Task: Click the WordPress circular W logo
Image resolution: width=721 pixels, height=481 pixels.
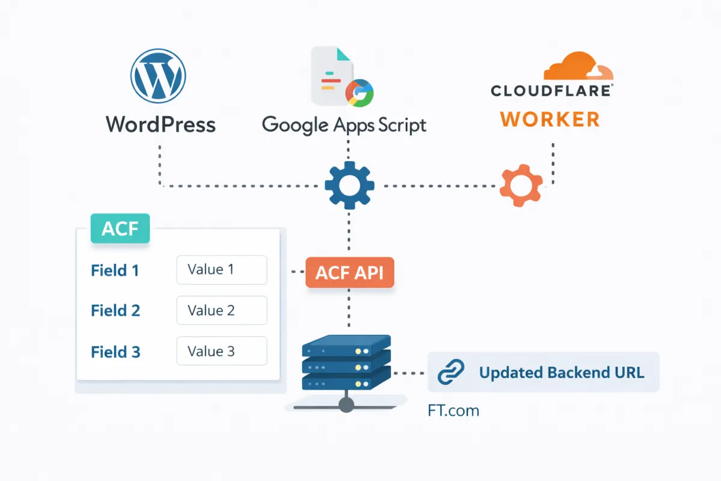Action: pyautogui.click(x=158, y=76)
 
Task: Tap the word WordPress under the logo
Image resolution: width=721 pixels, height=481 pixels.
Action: pyautogui.click(x=160, y=124)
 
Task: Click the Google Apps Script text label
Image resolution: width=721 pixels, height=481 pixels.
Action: pyautogui.click(x=344, y=124)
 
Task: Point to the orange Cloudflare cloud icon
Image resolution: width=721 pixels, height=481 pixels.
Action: pyautogui.click(x=578, y=66)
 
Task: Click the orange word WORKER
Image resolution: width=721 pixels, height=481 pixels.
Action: pyautogui.click(x=550, y=118)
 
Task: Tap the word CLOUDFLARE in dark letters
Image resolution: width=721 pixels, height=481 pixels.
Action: pyautogui.click(x=551, y=91)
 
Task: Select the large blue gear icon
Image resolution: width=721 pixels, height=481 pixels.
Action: pyautogui.click(x=349, y=186)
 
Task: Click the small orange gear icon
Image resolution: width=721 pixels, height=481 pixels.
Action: pyautogui.click(x=521, y=185)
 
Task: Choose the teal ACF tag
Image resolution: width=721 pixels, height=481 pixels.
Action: pyautogui.click(x=120, y=229)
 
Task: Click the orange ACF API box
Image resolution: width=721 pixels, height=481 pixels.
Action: pyautogui.click(x=350, y=274)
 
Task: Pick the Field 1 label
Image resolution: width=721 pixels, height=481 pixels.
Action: pyautogui.click(x=115, y=271)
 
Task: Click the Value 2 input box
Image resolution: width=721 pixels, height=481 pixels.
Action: pyautogui.click(x=221, y=310)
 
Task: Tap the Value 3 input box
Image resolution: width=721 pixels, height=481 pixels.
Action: pyautogui.click(x=221, y=351)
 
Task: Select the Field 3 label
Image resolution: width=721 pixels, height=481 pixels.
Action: pyautogui.click(x=115, y=352)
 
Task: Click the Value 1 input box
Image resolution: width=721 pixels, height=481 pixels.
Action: pyautogui.click(x=221, y=269)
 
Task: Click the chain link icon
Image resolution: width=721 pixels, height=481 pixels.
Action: pyautogui.click(x=451, y=373)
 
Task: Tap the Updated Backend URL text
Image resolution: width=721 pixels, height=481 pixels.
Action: pyautogui.click(x=561, y=373)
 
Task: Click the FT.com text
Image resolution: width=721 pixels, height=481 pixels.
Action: pyautogui.click(x=453, y=411)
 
